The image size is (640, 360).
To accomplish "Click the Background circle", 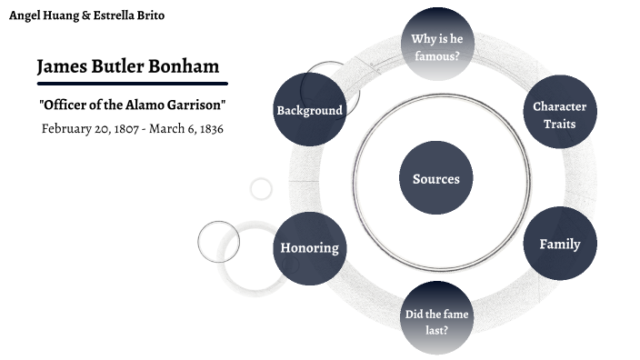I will point(309,110).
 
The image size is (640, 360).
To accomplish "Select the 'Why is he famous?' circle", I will point(436,46).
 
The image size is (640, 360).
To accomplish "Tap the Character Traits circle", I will point(559,114).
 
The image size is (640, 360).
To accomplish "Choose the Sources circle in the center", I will point(436,179).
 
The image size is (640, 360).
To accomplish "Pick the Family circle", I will point(559,244).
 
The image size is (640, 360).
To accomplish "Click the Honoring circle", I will point(309,247).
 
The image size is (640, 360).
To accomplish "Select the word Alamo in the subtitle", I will point(145,105).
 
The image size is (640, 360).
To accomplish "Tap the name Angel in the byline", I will point(25,15).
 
